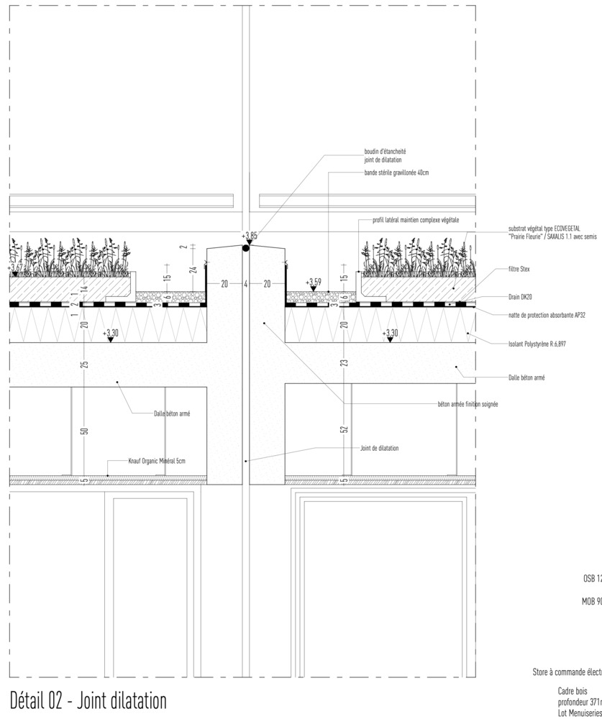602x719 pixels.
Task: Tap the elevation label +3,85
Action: [249, 235]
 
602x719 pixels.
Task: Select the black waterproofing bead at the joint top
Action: [246, 248]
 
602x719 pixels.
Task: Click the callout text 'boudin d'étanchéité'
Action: [385, 152]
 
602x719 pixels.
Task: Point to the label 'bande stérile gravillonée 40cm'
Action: [396, 173]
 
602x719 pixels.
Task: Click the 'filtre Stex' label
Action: [519, 270]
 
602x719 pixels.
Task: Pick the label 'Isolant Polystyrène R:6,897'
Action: [537, 344]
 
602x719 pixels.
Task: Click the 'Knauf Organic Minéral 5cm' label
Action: [157, 460]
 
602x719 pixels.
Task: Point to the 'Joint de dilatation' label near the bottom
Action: [379, 448]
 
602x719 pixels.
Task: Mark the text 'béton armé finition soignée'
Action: [468, 405]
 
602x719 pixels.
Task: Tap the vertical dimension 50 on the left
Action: [84, 431]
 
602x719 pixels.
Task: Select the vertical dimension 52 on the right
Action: [344, 429]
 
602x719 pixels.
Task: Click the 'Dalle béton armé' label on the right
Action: [526, 377]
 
